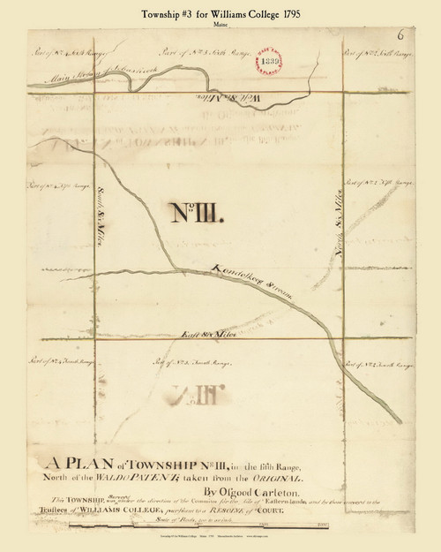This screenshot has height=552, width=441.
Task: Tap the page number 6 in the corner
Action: point(400,36)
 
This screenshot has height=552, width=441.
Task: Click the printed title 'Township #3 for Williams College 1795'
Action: point(220,11)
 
